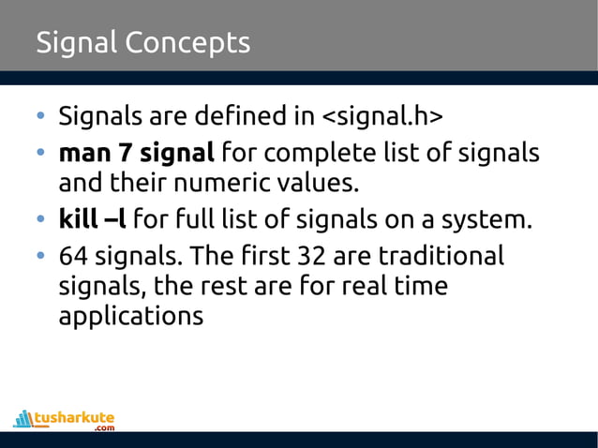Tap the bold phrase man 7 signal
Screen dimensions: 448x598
pyautogui.click(x=137, y=152)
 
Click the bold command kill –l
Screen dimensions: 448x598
pyautogui.click(x=93, y=221)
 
